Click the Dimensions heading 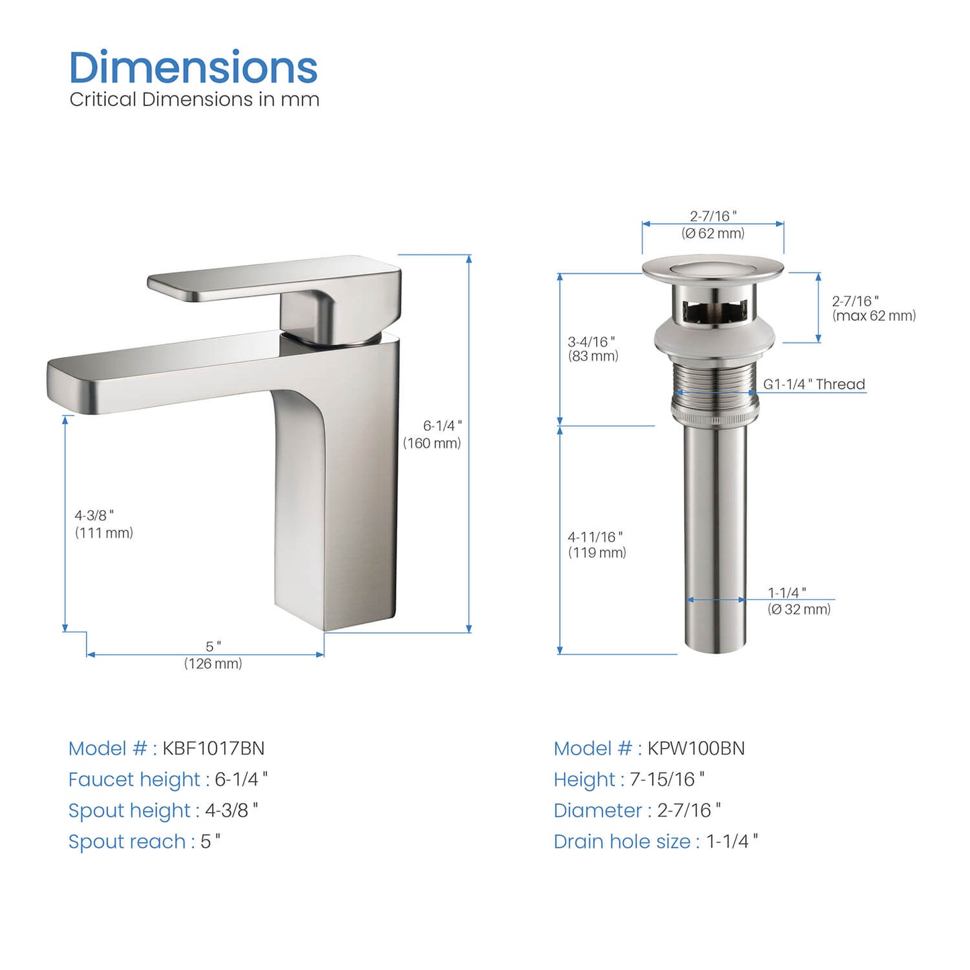click(x=193, y=67)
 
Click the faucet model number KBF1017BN click(x=213, y=748)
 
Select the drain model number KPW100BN click(x=695, y=748)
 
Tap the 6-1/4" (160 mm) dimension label click(x=432, y=434)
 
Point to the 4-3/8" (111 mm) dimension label click(x=103, y=524)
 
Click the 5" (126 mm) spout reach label click(x=213, y=655)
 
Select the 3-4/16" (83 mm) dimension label click(x=593, y=349)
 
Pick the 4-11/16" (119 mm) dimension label click(x=597, y=544)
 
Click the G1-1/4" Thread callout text click(x=814, y=384)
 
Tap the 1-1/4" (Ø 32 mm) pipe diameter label click(x=799, y=601)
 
